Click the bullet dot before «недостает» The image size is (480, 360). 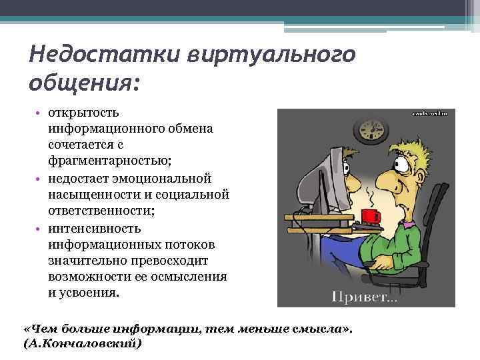39,179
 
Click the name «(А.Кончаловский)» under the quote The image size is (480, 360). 82,345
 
